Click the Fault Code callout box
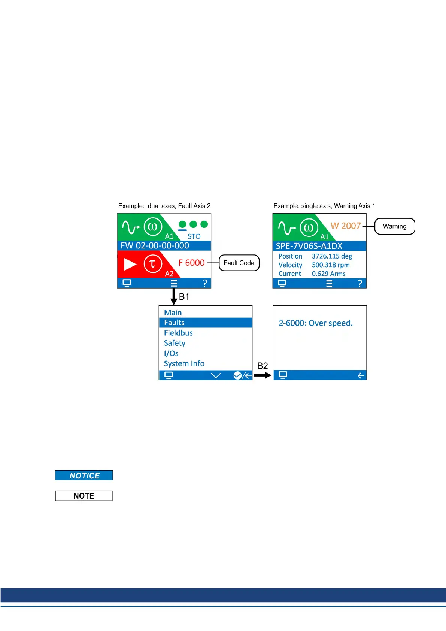pyautogui.click(x=239, y=263)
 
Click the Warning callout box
pyautogui.click(x=395, y=226)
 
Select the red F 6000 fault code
pyautogui.click(x=191, y=263)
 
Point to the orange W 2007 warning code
pyautogui.click(x=345, y=226)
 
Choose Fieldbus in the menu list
pyautogui.click(x=178, y=333)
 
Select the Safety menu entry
pyautogui.click(x=175, y=343)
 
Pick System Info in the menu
pyautogui.click(x=184, y=363)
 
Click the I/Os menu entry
pyautogui.click(x=171, y=353)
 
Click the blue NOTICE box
pyautogui.click(x=84, y=475)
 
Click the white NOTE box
pyautogui.click(x=84, y=496)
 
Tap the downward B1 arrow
pyautogui.click(x=173, y=296)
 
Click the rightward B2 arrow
pyautogui.click(x=262, y=375)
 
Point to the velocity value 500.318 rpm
pyautogui.click(x=331, y=265)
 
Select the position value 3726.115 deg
pyautogui.click(x=332, y=256)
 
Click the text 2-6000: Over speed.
pyautogui.click(x=316, y=323)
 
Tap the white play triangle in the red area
pyautogui.click(x=130, y=264)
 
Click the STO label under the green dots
pyautogui.click(x=194, y=236)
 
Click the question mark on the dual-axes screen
pyautogui.click(x=204, y=283)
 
